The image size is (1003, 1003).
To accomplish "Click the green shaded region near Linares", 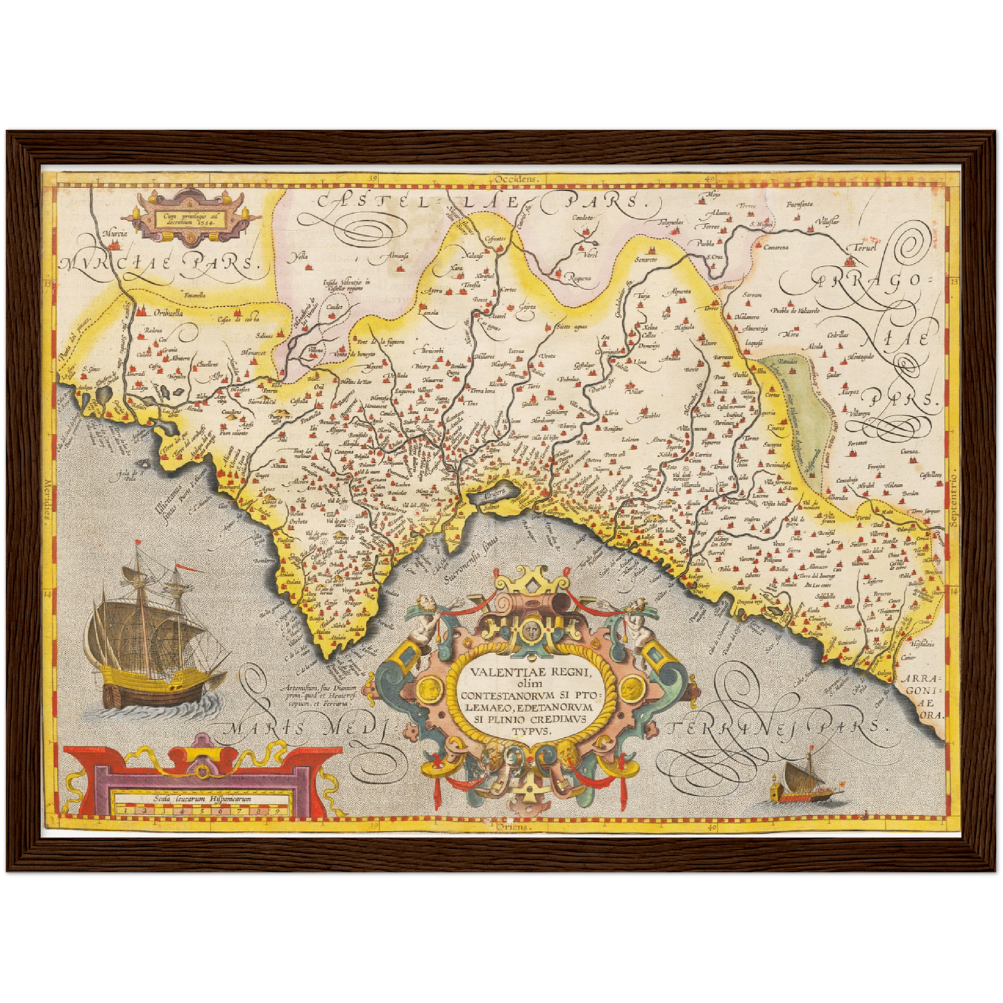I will coord(798,410).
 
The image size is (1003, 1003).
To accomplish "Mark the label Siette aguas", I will coord(573,326).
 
